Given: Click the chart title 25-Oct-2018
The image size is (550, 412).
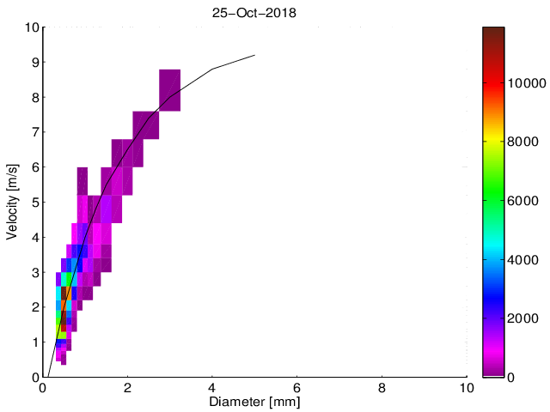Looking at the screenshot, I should click(254, 13).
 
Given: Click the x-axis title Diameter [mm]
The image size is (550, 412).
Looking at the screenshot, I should click(254, 402).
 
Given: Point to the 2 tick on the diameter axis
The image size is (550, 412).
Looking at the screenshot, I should click(127, 387).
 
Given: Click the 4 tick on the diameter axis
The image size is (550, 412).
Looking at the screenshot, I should click(212, 387).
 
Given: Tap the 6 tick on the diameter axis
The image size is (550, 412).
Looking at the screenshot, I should click(297, 387).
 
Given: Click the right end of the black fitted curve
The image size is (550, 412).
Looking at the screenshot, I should click(255, 55).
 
